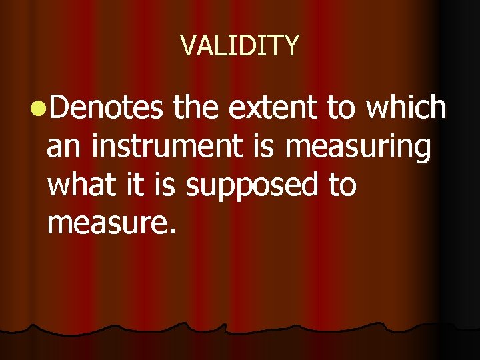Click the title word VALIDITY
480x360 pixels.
(x=240, y=46)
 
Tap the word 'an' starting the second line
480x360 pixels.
(x=65, y=147)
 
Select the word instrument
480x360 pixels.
(x=165, y=147)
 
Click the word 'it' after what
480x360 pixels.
(x=139, y=185)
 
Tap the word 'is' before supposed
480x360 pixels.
(x=167, y=185)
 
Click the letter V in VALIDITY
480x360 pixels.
(x=188, y=46)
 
